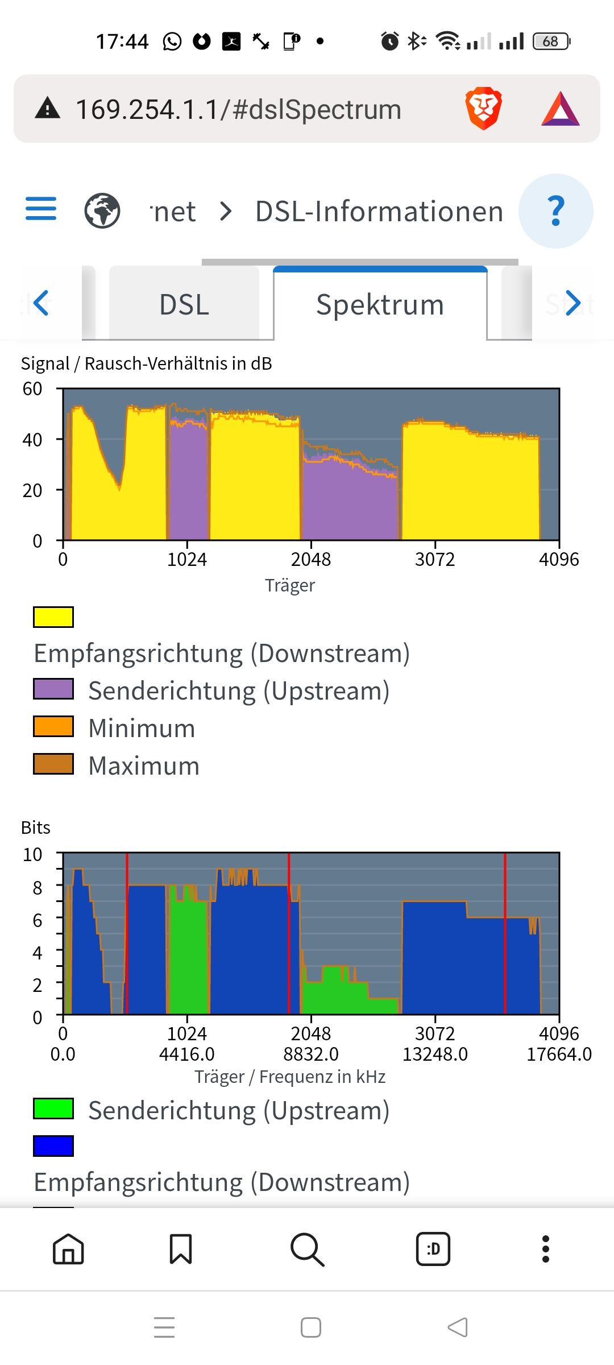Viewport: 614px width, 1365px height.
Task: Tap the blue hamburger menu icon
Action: click(x=41, y=209)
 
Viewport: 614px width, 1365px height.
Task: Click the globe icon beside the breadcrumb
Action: click(x=102, y=210)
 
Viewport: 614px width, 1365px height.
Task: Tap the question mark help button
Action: click(x=555, y=211)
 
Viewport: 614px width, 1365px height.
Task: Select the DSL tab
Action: click(x=184, y=304)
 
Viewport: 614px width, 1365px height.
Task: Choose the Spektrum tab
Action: click(x=380, y=304)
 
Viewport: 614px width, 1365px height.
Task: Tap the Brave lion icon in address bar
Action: click(x=483, y=108)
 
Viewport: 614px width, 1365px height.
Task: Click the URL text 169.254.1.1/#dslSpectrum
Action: click(x=238, y=109)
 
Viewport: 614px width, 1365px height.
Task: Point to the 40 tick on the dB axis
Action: click(x=32, y=440)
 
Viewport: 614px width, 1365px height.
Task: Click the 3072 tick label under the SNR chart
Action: click(x=435, y=560)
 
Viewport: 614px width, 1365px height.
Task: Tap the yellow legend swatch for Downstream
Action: click(x=53, y=617)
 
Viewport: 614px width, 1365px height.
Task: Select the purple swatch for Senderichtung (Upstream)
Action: click(x=53, y=689)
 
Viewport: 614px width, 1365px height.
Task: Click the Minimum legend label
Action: click(x=142, y=729)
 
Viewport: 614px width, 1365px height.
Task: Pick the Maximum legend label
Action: click(x=144, y=766)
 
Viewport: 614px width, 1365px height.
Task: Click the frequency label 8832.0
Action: click(x=311, y=1054)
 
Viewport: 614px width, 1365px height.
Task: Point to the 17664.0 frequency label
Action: click(x=559, y=1054)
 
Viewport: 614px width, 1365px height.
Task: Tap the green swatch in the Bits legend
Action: click(x=53, y=1108)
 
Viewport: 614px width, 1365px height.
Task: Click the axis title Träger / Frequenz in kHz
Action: click(x=290, y=1077)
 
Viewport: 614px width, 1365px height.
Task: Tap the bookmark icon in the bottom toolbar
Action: click(x=181, y=1249)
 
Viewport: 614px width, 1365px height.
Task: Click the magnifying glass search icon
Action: click(x=307, y=1250)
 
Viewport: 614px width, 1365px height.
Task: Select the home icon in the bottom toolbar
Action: click(x=68, y=1249)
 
